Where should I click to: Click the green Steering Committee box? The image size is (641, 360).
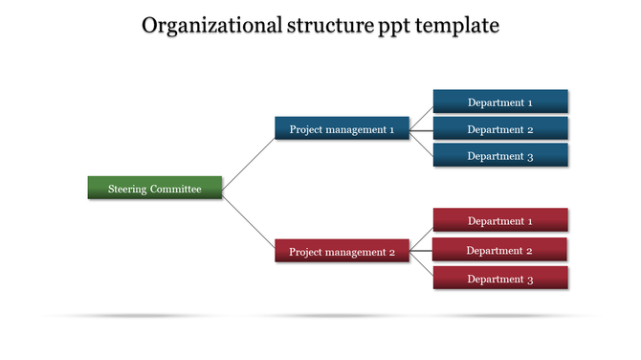[x=155, y=189]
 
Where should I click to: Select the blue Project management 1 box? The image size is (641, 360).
[x=342, y=129]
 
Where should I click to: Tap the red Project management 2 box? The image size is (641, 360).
[x=342, y=252]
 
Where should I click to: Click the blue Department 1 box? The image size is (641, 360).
[x=500, y=102]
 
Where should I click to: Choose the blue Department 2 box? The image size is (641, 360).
[x=500, y=129]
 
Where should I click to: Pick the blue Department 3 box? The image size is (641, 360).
[x=500, y=156]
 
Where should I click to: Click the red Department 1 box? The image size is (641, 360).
[x=500, y=221]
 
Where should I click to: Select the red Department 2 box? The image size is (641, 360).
[x=499, y=250]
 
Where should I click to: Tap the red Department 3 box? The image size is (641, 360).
[x=500, y=279]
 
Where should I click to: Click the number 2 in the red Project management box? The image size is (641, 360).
[x=391, y=252]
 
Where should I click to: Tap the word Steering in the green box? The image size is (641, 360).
[x=127, y=189]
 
